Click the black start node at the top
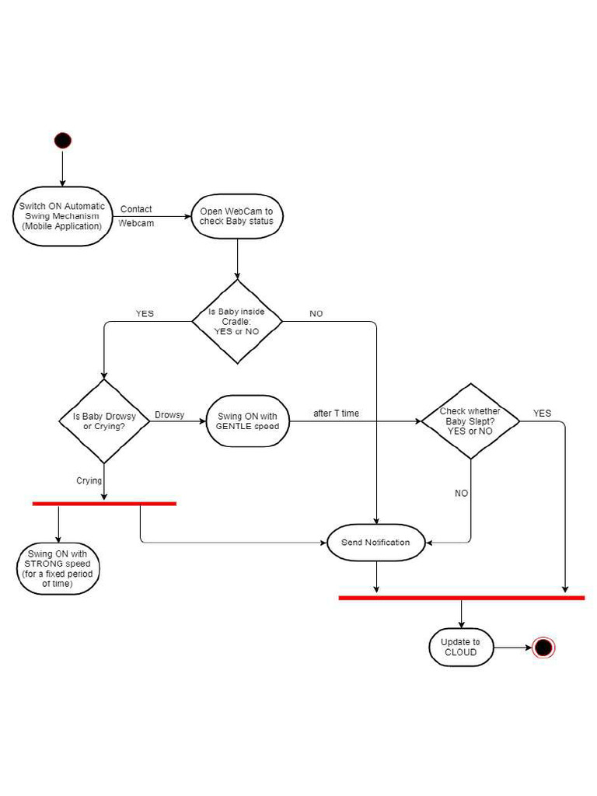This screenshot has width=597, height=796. [x=63, y=141]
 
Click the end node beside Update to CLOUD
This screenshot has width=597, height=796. [x=543, y=648]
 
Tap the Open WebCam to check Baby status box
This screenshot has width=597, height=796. [x=236, y=217]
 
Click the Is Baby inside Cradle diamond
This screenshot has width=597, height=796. [x=236, y=321]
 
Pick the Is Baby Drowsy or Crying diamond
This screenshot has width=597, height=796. [x=104, y=421]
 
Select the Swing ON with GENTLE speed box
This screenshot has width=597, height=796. [x=246, y=421]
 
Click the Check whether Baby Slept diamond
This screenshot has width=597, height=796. [x=470, y=421]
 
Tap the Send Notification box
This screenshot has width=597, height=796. [x=375, y=543]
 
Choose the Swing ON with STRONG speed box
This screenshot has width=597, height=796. [x=58, y=569]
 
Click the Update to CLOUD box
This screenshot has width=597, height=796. [x=461, y=648]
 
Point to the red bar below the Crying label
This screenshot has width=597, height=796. [x=104, y=504]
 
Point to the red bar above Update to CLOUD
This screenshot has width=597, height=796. [x=461, y=598]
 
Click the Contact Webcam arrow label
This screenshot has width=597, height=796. [x=136, y=216]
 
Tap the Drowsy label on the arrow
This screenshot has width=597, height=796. [x=169, y=415]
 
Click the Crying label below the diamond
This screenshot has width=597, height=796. [x=89, y=481]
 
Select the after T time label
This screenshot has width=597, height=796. [x=336, y=414]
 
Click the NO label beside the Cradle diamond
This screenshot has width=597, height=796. [x=316, y=314]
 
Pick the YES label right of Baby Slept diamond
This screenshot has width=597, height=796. [x=542, y=414]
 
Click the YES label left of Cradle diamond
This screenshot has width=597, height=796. [x=145, y=314]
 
